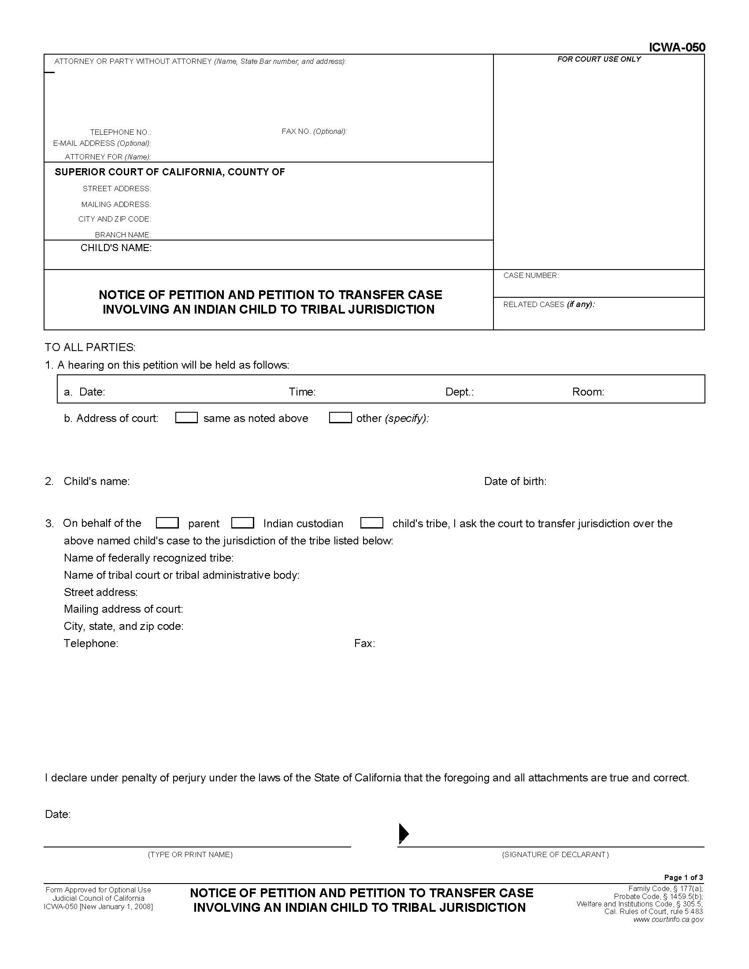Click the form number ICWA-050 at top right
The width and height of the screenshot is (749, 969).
[677, 48]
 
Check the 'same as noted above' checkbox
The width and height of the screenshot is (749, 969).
[186, 418]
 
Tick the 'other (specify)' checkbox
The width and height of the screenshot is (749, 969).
[340, 418]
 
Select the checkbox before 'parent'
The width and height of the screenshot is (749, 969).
[167, 523]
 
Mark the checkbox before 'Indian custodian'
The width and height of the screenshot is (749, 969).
[243, 523]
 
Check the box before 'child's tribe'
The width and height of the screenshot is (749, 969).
[372, 523]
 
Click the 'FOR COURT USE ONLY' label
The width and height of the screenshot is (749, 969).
[599, 59]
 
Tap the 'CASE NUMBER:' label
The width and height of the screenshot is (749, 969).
[531, 276]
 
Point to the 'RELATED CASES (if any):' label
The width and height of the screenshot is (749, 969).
[549, 304]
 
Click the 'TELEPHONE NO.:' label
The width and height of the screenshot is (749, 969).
[120, 132]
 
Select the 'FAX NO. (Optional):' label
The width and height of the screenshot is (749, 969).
[314, 131]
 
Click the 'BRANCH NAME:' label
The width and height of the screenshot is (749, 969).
[123, 235]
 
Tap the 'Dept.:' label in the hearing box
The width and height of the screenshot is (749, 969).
[459, 392]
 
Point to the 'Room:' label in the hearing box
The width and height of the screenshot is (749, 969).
[588, 392]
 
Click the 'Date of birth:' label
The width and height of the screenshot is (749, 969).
[515, 481]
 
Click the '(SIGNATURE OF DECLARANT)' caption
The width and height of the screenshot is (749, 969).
[555, 854]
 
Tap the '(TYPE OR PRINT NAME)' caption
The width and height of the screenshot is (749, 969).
[190, 854]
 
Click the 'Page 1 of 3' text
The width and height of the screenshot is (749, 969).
[683, 877]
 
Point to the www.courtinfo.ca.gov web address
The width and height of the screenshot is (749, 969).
[668, 920]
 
